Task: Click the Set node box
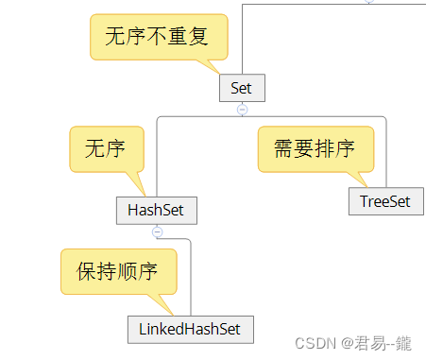click(x=242, y=88)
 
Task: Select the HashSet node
click(x=156, y=210)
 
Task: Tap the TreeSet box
click(x=385, y=201)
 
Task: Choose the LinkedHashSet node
click(x=191, y=329)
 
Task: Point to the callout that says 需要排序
click(x=315, y=149)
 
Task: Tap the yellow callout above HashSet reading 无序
click(x=106, y=148)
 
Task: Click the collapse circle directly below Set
click(x=242, y=110)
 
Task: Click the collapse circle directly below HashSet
click(x=157, y=231)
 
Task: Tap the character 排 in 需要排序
click(x=328, y=149)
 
